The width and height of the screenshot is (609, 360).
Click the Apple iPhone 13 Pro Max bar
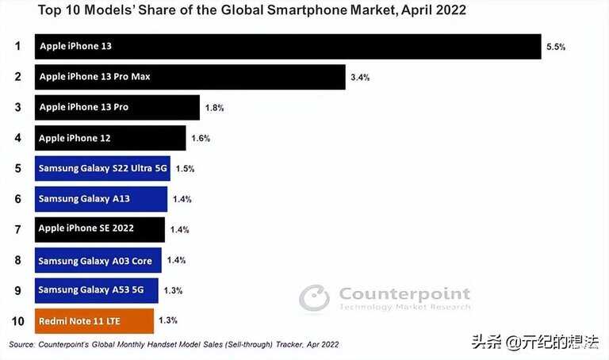tap(190, 77)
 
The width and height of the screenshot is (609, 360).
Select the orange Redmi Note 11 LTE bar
tap(94, 321)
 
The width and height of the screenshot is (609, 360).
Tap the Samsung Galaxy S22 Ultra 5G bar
tap(102, 168)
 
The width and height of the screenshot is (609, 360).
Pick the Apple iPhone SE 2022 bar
tap(100, 229)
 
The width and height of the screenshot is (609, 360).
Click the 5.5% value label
tap(556, 48)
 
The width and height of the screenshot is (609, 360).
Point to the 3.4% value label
tap(360, 78)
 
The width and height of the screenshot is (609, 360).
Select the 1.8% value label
tap(214, 108)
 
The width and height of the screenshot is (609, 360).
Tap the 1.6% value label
tap(200, 139)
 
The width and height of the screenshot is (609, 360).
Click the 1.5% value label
tap(185, 169)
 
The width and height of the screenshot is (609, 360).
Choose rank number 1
tap(17, 46)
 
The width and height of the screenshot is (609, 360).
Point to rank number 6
tap(17, 199)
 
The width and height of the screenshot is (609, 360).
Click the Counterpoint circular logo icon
tap(314, 298)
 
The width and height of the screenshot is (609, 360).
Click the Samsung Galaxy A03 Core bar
tap(98, 260)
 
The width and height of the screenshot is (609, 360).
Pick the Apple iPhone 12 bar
tap(110, 138)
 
